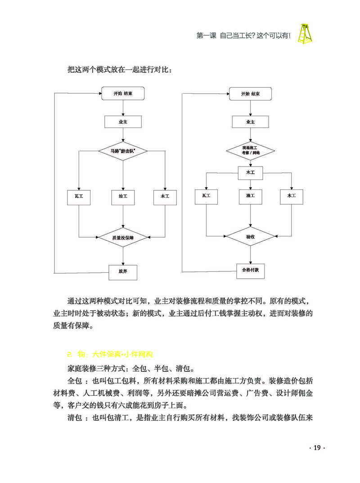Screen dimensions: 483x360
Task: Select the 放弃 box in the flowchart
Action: pyautogui.click(x=123, y=272)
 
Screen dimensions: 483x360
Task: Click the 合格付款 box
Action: pyautogui.click(x=251, y=271)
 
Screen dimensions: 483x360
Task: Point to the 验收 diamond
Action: pyautogui.click(x=250, y=235)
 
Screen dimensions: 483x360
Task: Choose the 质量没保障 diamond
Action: pyautogui.click(x=123, y=237)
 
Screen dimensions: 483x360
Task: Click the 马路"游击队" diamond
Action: pyautogui.click(x=123, y=151)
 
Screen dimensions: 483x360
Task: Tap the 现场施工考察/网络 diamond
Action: pyautogui.click(x=251, y=150)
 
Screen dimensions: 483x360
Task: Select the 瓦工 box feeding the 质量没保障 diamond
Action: pyautogui.click(x=79, y=196)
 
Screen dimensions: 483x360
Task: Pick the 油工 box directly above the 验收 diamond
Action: pyautogui.click(x=250, y=196)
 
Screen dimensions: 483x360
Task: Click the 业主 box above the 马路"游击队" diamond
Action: pyautogui.click(x=123, y=122)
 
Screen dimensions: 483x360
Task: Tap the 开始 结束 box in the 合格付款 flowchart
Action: pyautogui.click(x=250, y=94)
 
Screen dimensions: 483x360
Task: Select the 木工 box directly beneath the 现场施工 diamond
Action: pyautogui.click(x=250, y=172)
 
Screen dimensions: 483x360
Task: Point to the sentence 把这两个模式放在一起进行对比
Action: pyautogui.click(x=119, y=70)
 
